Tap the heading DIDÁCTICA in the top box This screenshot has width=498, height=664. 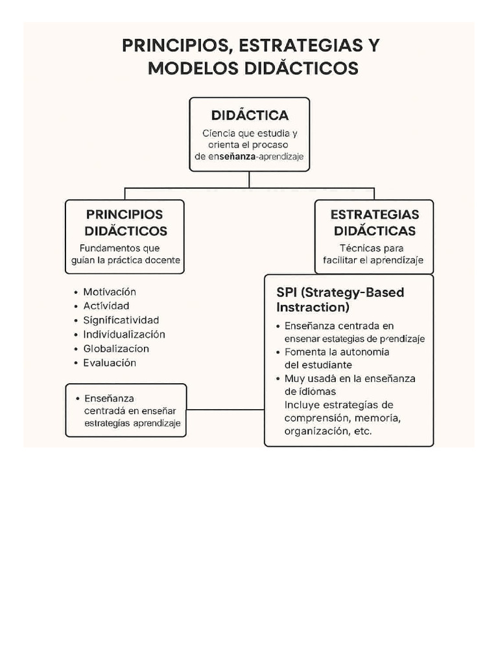(x=250, y=115)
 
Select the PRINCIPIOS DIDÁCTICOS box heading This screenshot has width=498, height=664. (x=125, y=222)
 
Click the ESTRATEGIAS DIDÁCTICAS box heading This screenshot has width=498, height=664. (x=374, y=222)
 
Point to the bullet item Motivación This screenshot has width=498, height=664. (x=110, y=292)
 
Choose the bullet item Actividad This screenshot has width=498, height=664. (x=106, y=306)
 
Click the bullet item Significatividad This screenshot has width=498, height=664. (x=121, y=320)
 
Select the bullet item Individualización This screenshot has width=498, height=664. (x=124, y=335)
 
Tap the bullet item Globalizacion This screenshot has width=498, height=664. (x=116, y=349)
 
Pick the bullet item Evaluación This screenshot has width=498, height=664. (x=110, y=363)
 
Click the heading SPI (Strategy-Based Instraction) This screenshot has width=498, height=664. (x=340, y=300)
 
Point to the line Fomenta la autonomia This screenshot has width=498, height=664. (x=337, y=352)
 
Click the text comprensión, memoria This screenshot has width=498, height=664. (x=342, y=418)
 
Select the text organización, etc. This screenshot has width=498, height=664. (x=328, y=431)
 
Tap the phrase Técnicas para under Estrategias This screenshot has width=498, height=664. (x=372, y=248)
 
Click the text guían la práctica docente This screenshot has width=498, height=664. (x=125, y=261)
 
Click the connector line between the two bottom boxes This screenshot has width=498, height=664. (x=225, y=410)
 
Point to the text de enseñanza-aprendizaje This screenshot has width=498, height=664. (x=249, y=157)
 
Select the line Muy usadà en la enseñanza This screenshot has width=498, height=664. (x=350, y=379)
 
